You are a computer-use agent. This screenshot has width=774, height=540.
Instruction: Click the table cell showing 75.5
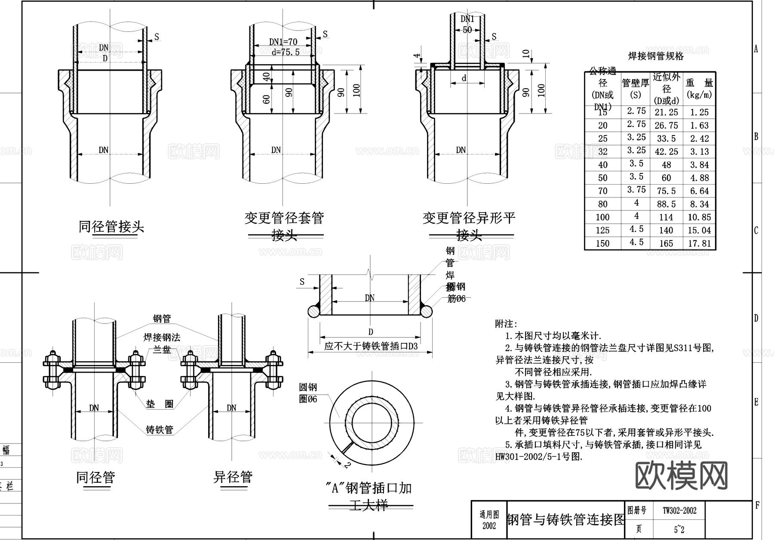click(x=666, y=191)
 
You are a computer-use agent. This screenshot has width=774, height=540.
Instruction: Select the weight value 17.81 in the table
click(x=699, y=244)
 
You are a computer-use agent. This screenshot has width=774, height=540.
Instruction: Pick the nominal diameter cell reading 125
click(x=602, y=230)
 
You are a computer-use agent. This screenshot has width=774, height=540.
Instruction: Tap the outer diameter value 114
click(x=666, y=217)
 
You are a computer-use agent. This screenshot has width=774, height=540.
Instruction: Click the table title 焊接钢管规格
click(x=656, y=56)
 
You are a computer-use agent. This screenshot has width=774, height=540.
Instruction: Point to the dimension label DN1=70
click(x=283, y=42)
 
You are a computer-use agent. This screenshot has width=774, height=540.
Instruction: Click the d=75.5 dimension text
click(x=286, y=52)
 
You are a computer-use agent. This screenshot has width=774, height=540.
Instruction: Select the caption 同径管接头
click(x=111, y=226)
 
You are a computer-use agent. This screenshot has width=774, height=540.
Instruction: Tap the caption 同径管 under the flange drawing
click(x=95, y=477)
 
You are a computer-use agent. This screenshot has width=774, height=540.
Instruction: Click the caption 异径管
click(x=233, y=477)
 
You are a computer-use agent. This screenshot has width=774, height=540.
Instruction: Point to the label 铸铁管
click(x=159, y=429)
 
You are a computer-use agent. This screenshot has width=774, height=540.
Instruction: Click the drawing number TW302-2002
click(x=679, y=511)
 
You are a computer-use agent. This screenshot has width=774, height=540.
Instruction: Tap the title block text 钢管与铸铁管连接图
click(x=565, y=519)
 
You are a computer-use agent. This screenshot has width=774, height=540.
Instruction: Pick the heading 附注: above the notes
click(x=506, y=324)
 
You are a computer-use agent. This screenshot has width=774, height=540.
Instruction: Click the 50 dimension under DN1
click(x=467, y=30)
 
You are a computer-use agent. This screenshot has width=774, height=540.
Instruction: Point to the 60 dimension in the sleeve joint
click(x=267, y=99)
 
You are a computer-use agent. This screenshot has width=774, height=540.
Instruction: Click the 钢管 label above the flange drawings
click(x=162, y=318)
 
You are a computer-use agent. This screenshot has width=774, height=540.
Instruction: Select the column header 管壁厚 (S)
click(x=635, y=88)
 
